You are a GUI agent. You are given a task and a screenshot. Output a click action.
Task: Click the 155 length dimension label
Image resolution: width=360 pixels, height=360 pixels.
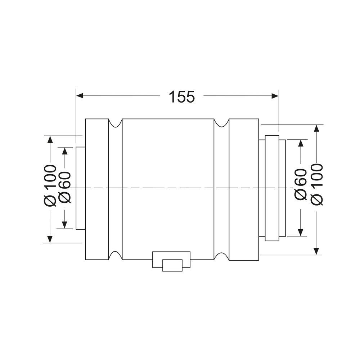181,96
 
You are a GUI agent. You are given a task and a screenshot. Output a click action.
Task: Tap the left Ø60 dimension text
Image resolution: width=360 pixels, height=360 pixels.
64,187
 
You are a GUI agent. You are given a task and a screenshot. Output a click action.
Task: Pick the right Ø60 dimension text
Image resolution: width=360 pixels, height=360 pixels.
301,184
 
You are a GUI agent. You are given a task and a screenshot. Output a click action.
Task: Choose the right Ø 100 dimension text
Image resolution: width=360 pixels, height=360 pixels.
317,184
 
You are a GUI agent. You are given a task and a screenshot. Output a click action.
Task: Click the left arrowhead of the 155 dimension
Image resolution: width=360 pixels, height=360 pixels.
80,96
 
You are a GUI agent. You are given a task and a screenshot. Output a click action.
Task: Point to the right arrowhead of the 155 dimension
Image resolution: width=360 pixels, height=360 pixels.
275,96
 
